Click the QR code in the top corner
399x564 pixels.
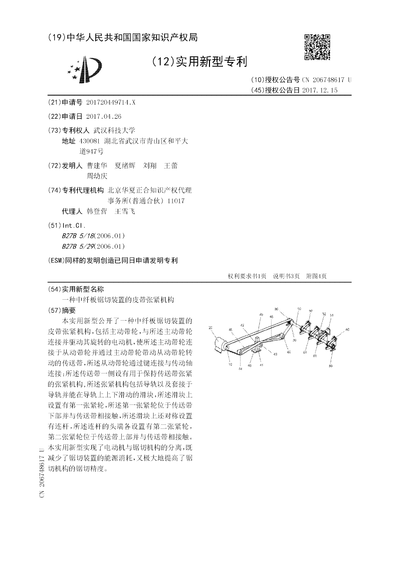tap(317, 47)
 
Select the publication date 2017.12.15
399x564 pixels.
tap(320, 90)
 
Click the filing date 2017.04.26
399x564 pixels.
tap(104, 116)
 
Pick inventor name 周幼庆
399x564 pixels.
tap(97, 176)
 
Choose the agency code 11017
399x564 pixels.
tap(175, 200)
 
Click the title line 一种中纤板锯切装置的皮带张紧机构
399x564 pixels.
tap(118, 299)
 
